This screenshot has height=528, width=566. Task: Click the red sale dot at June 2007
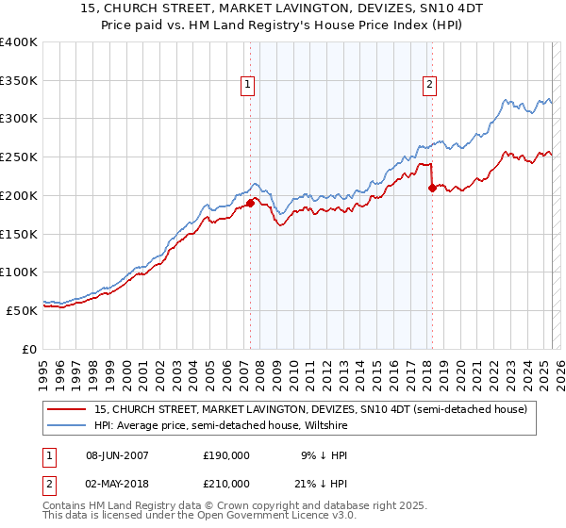250,203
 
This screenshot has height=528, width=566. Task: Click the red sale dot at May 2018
432,188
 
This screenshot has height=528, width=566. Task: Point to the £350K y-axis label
19,81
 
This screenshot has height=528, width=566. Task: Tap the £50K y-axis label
23,310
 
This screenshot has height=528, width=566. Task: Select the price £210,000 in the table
226,484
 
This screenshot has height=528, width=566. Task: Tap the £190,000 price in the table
226,454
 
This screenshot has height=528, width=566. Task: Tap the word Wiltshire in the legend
323,426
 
